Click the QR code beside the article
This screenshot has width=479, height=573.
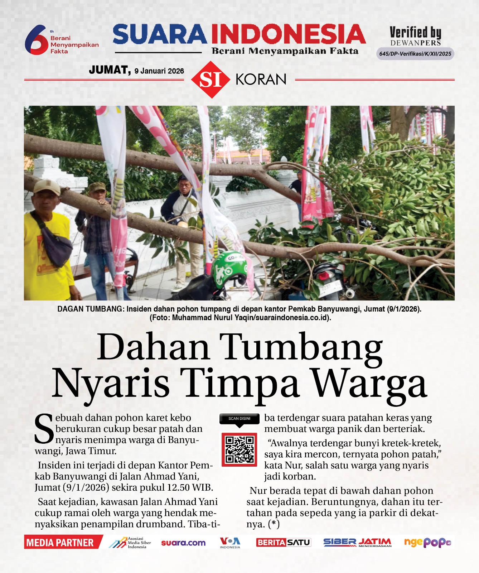pyautogui.click(x=239, y=449)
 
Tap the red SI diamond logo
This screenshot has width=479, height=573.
pyautogui.click(x=210, y=80)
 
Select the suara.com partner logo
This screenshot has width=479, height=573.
pyautogui.click(x=183, y=543)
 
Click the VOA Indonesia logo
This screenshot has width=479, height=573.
pyautogui.click(x=230, y=542)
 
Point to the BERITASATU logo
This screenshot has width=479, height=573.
pyautogui.click(x=283, y=543)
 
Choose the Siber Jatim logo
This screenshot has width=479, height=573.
pyautogui.click(x=357, y=543)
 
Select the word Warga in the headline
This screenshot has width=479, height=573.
pyautogui.click(x=369, y=384)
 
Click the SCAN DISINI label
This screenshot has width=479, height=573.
pyautogui.click(x=239, y=418)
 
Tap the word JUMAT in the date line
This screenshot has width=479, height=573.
pyautogui.click(x=110, y=70)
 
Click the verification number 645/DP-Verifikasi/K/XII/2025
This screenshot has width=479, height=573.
pyautogui.click(x=415, y=54)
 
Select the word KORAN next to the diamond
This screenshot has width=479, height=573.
pyautogui.click(x=261, y=80)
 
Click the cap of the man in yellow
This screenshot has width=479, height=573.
pyautogui.click(x=47, y=186)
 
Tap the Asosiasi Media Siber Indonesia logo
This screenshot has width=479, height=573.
pyautogui.click(x=130, y=543)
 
